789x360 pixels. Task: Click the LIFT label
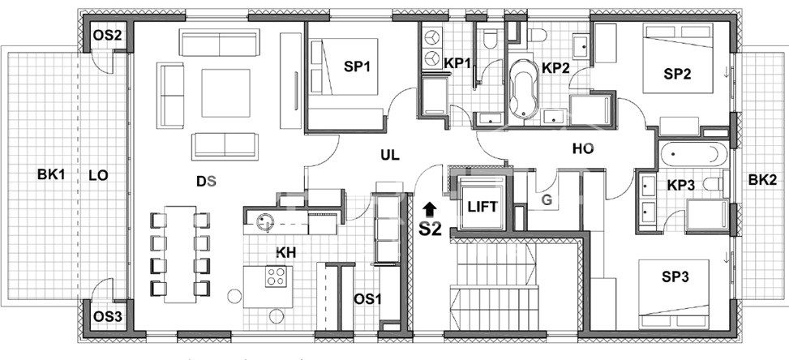pos(482,207)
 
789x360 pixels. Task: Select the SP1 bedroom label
pos(357,66)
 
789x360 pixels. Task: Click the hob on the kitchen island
pos(276,276)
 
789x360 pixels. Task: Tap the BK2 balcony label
pos(761,180)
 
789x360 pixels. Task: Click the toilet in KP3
pos(714,184)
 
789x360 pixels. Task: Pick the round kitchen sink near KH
pos(264,221)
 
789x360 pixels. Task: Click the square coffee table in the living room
pos(226,93)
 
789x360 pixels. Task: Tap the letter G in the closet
pos(547,200)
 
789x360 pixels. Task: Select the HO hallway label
pos(583,149)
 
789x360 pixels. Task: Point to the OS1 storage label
pos(367,300)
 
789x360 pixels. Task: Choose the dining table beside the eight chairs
pos(180,255)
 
